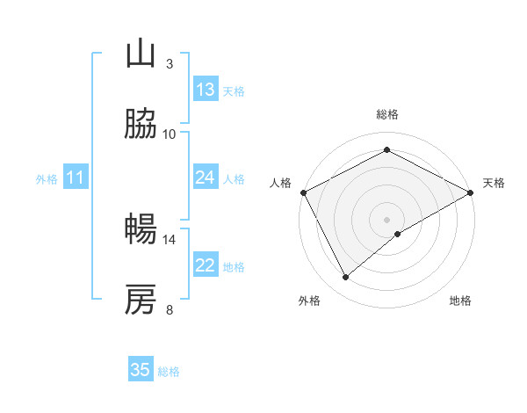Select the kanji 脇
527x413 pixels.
[x=141, y=125]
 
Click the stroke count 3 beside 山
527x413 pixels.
[x=169, y=63]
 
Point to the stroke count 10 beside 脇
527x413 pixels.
[x=170, y=134]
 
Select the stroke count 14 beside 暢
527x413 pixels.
[x=170, y=239]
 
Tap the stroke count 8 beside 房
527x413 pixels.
[x=169, y=309]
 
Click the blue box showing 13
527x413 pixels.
[x=206, y=90]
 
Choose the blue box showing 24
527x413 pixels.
[x=206, y=178]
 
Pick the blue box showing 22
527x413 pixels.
[x=206, y=265]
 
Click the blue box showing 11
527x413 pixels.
[x=76, y=178]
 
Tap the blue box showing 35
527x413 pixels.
[x=141, y=370]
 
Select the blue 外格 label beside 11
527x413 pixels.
[x=47, y=178]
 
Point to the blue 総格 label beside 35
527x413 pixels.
[x=169, y=371]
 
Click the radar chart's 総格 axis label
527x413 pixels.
[x=387, y=114]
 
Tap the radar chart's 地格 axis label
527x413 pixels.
[x=460, y=301]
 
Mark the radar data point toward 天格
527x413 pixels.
[x=471, y=192]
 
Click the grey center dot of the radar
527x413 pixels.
[x=387, y=219]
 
